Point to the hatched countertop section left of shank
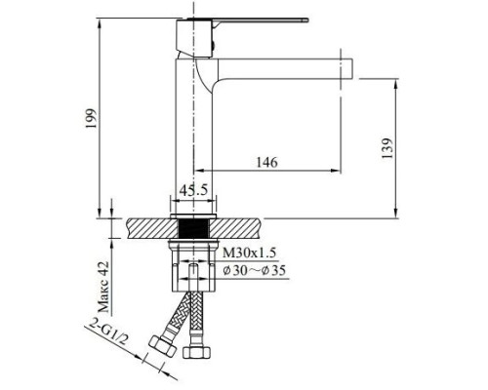pyautogui.click(x=146, y=228)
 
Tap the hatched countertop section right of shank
pyautogui.click(x=244, y=228)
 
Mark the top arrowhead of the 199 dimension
pyautogui.click(x=102, y=19)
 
